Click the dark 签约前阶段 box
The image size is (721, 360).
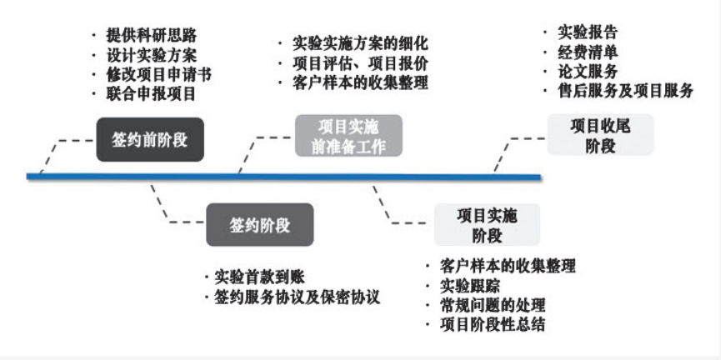pos(150,138)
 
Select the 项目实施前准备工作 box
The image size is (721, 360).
pos(348,136)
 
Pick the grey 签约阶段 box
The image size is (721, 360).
pos(260,224)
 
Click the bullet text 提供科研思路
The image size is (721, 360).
pos(153,37)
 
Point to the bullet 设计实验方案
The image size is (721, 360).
pos(153,56)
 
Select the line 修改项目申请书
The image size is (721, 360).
pos(158,74)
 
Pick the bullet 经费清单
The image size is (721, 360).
pos(588,52)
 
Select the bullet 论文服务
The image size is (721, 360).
pos(588,71)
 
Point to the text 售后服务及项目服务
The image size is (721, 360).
pos(626,91)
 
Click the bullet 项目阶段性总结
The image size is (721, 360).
pos(492,324)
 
